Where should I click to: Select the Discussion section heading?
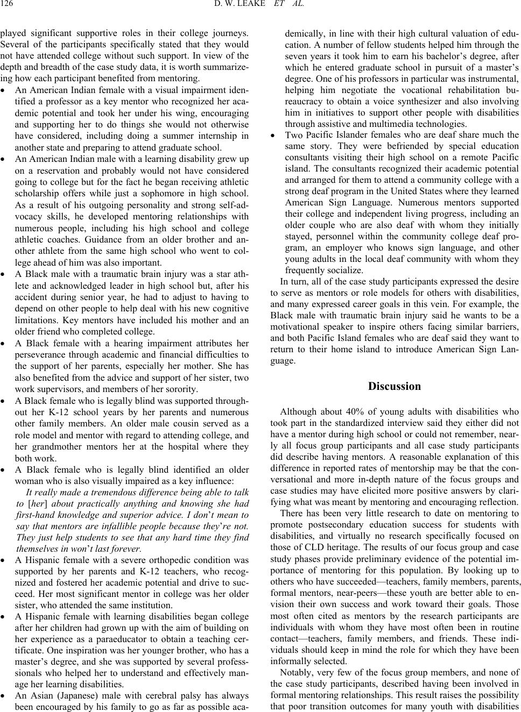395,386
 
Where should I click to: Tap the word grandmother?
39,446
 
